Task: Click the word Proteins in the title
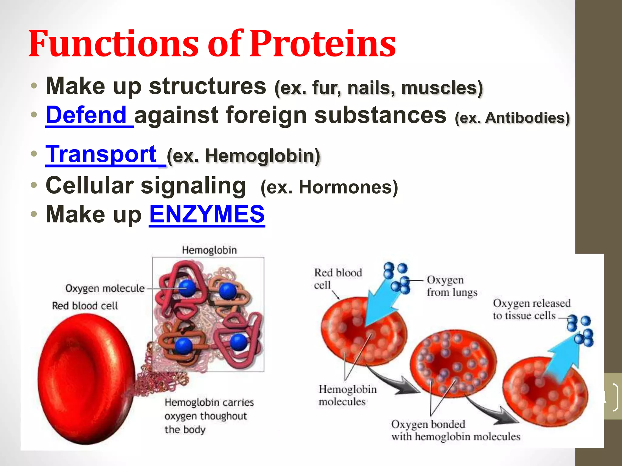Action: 323,44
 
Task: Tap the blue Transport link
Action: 101,154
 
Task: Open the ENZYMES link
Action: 207,214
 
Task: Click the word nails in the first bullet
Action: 371,88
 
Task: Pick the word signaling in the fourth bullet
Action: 193,186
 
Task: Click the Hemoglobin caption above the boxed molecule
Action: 209,250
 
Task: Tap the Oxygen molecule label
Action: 105,288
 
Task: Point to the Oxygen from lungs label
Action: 451,286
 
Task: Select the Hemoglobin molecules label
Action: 347,395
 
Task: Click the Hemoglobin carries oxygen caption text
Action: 209,416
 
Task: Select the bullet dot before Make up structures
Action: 34,86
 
